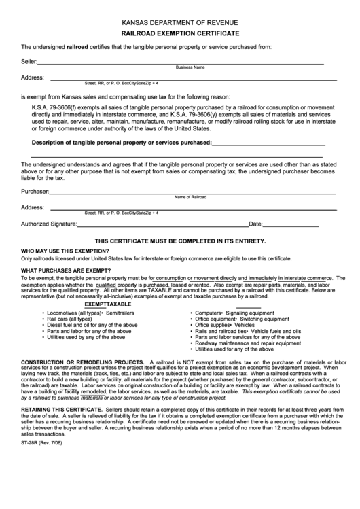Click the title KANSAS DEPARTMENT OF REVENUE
(x=180, y=22)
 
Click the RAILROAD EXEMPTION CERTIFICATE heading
(x=180, y=33)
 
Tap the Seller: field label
(x=29, y=62)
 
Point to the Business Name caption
(x=190, y=68)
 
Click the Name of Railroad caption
(x=190, y=197)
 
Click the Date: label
(x=255, y=224)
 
